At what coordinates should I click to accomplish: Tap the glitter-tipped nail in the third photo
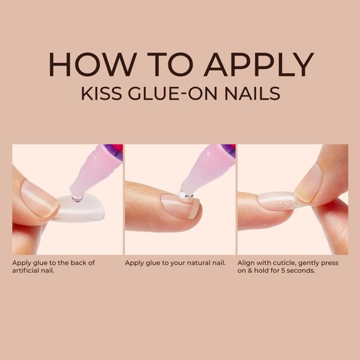coord(279,200)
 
